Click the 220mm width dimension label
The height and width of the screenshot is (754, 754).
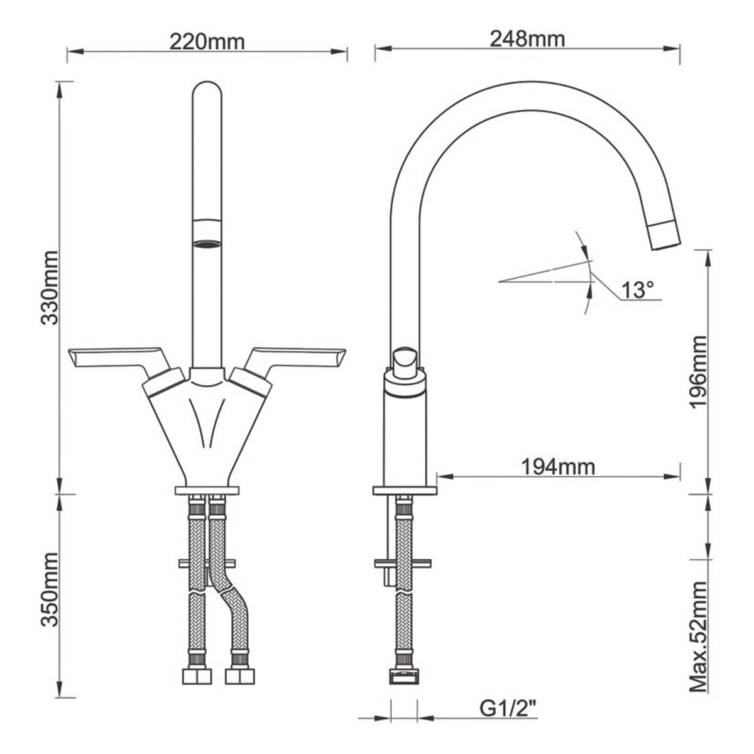tap(207, 41)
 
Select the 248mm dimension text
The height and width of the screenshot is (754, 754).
tap(527, 39)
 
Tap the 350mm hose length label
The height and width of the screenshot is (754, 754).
tap(49, 589)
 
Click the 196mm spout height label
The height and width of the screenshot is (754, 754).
tap(699, 372)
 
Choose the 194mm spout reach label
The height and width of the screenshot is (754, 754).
tap(558, 467)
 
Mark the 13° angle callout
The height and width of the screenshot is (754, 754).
tap(638, 290)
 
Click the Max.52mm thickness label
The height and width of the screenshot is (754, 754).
tap(699, 637)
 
